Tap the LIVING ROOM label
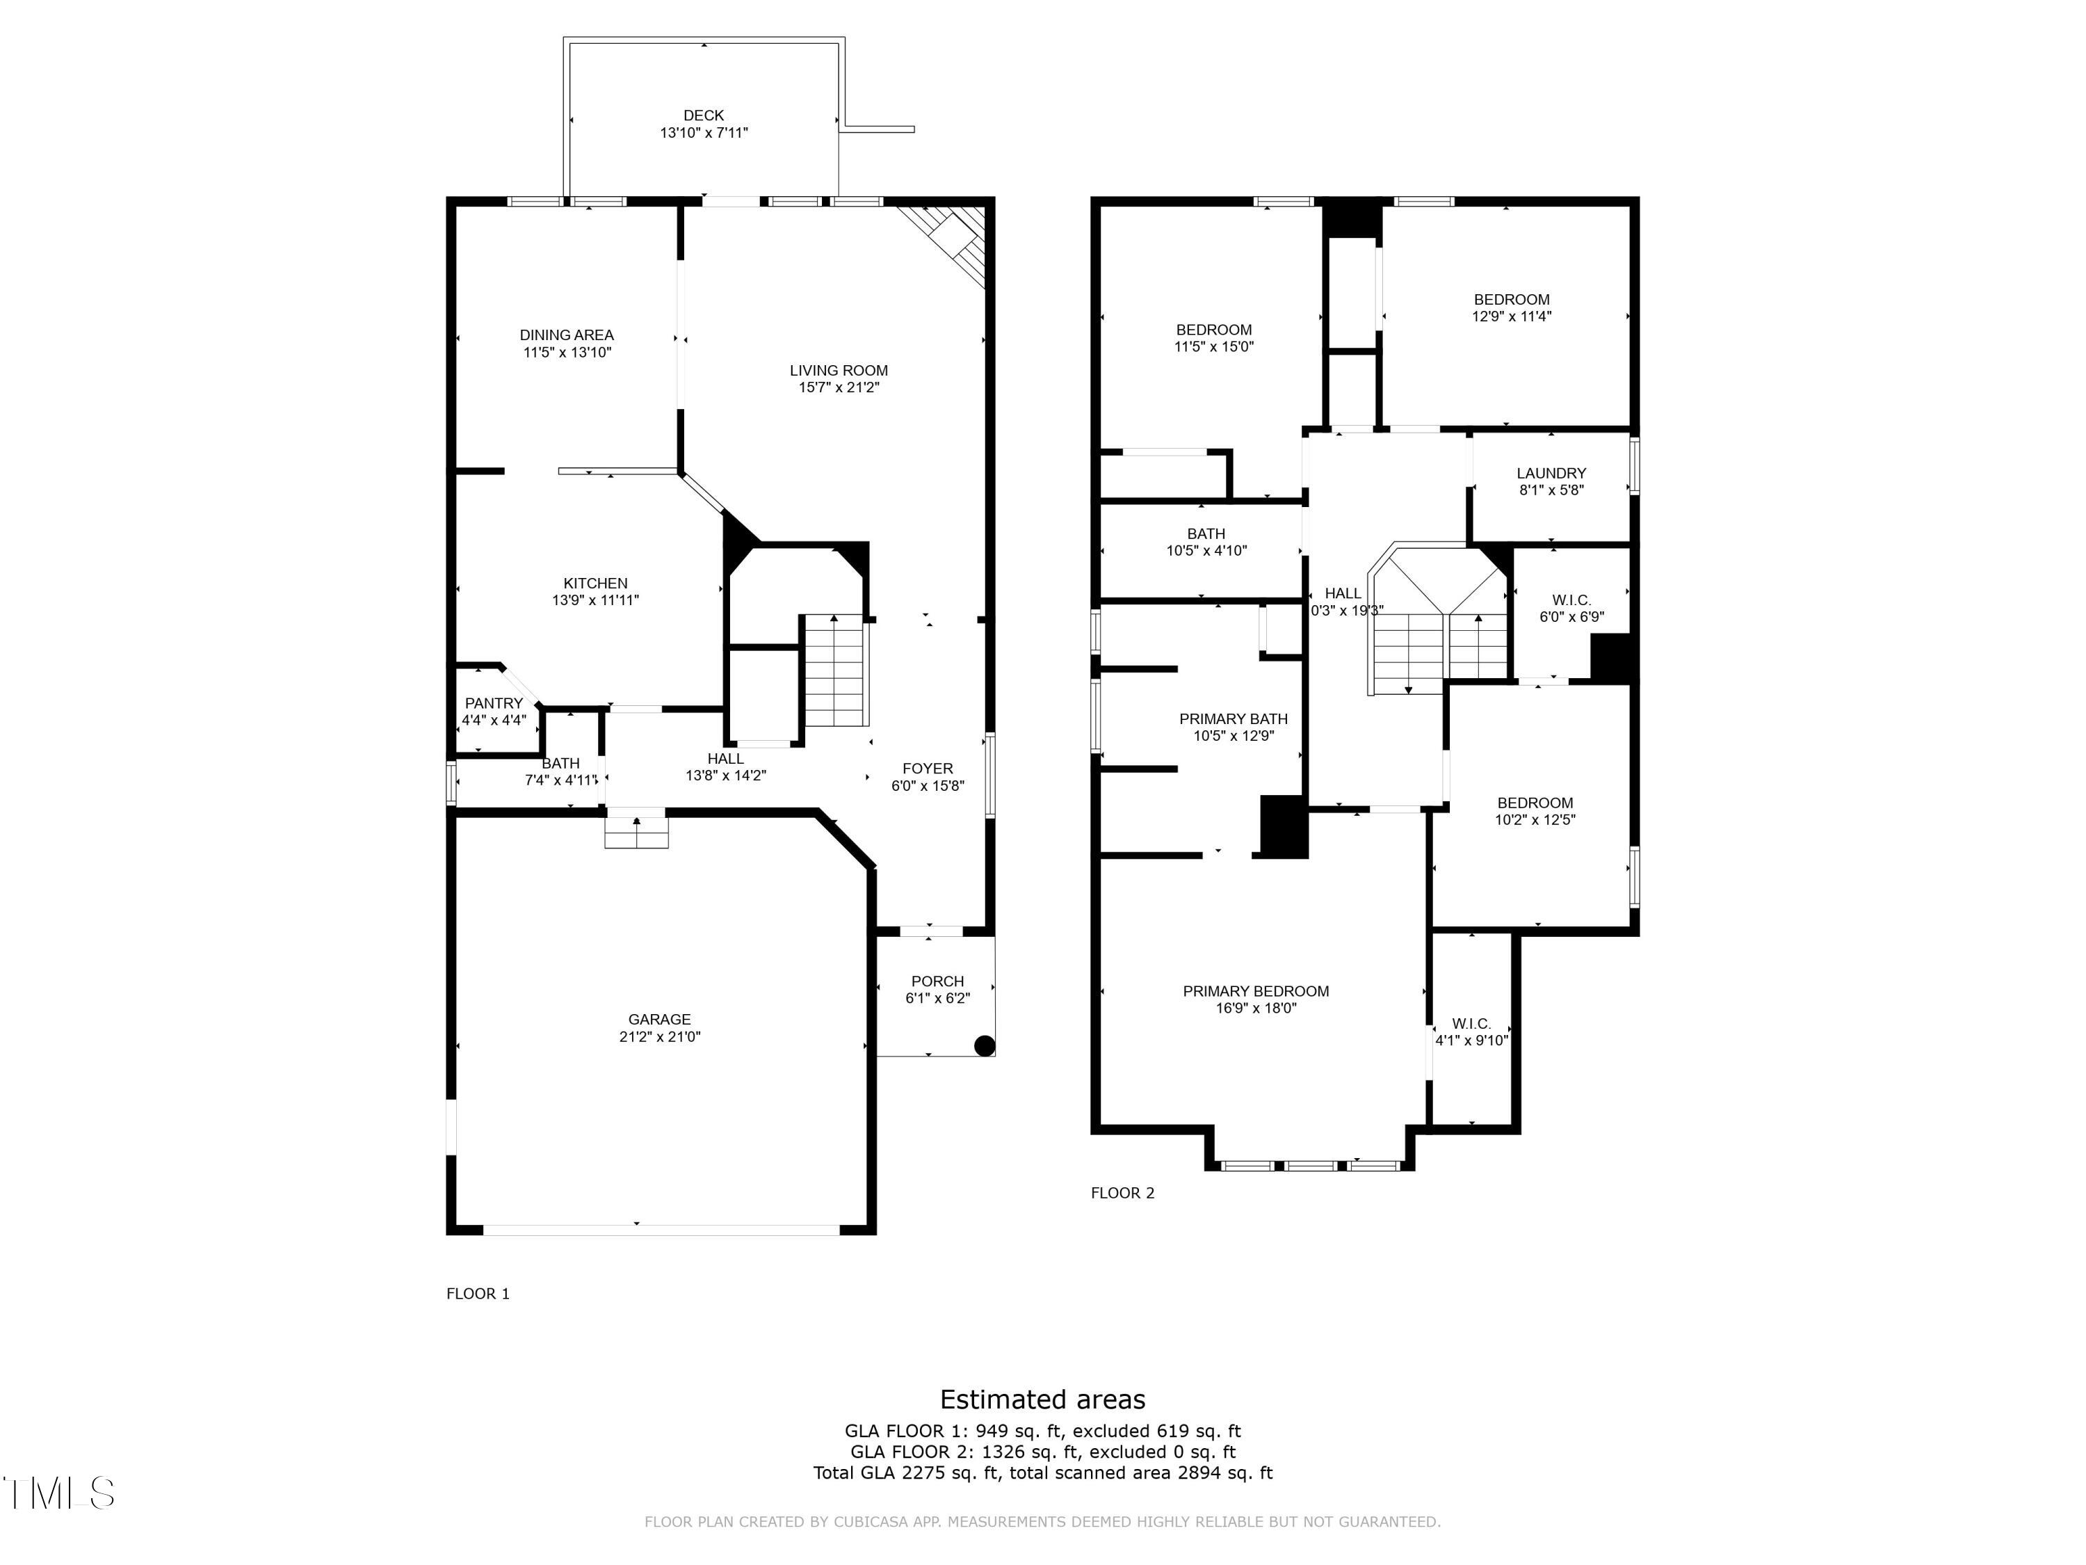point(839,371)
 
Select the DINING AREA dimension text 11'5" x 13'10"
point(567,353)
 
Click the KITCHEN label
point(596,583)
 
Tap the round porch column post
point(984,1045)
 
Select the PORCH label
point(937,981)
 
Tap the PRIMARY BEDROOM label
point(1256,991)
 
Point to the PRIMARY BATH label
point(1234,719)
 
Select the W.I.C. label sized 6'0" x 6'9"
point(1571,600)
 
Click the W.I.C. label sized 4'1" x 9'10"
point(1471,1024)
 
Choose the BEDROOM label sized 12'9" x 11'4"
point(1512,300)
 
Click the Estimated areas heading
point(1043,1399)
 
